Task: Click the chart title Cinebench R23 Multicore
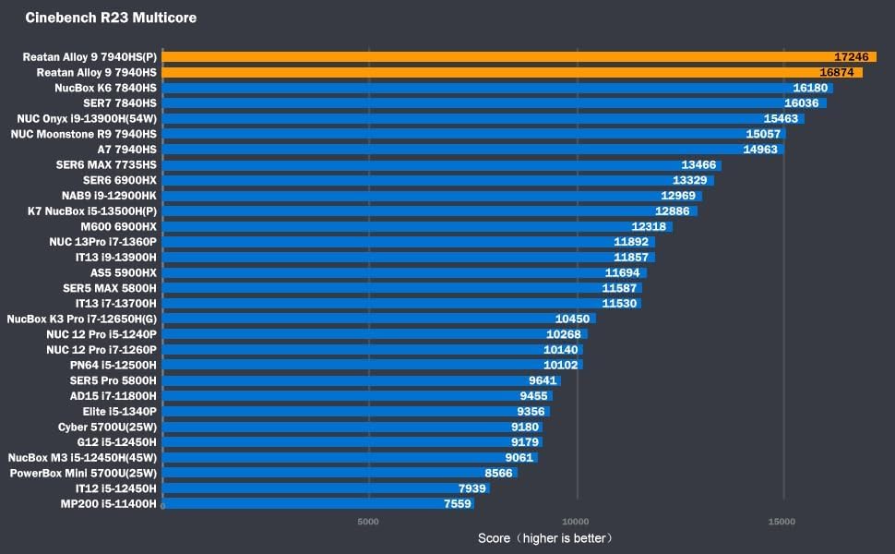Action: (x=111, y=18)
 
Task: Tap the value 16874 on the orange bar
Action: (x=837, y=72)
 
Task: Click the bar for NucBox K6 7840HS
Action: (x=497, y=88)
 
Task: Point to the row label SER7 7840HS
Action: (x=120, y=103)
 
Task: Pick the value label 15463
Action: (x=781, y=119)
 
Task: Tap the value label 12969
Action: (x=678, y=196)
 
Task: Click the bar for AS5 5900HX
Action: (x=404, y=272)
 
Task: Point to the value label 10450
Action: (x=572, y=319)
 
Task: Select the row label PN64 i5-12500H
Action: (x=113, y=365)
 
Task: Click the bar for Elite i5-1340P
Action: (x=356, y=411)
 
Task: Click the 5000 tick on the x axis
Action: (x=368, y=522)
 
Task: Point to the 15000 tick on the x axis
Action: (x=782, y=522)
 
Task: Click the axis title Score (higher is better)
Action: (x=544, y=538)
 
